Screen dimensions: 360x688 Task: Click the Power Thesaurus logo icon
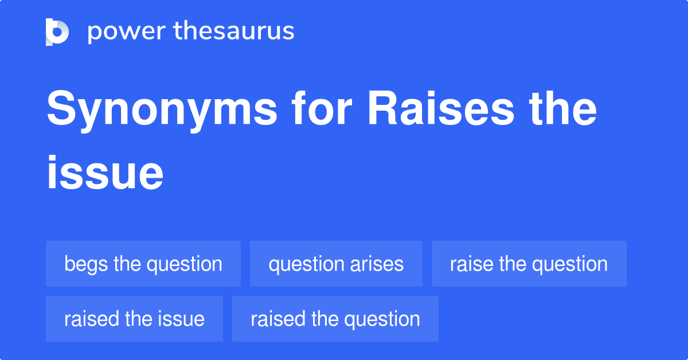(x=57, y=32)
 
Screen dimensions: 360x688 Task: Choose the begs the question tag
(x=143, y=264)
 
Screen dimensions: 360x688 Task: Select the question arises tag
(x=336, y=264)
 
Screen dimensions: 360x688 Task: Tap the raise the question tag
(x=529, y=264)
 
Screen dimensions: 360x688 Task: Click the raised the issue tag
(x=134, y=319)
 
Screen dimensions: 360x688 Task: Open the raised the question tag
(x=335, y=319)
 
